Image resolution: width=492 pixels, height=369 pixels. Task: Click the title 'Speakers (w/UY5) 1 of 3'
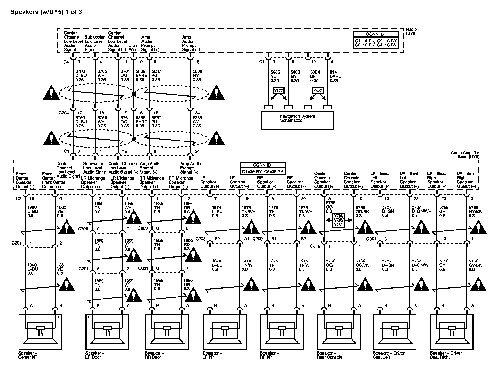(x=46, y=12)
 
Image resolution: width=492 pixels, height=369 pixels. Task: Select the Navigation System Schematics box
(x=297, y=120)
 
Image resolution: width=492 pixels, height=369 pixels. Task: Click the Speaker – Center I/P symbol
(x=40, y=331)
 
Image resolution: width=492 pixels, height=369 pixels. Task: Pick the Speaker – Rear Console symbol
(x=339, y=331)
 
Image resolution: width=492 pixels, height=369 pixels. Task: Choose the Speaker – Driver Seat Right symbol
(x=452, y=331)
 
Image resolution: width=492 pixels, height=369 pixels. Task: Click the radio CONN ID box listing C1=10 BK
(x=375, y=40)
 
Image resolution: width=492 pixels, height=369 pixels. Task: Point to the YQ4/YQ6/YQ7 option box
(x=339, y=220)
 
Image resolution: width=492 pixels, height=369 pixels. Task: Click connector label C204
(x=64, y=113)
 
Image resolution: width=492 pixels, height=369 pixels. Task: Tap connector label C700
(x=83, y=229)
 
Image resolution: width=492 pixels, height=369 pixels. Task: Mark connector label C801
(x=143, y=268)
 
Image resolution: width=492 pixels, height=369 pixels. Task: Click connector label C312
(x=315, y=246)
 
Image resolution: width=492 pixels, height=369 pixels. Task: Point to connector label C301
(x=371, y=239)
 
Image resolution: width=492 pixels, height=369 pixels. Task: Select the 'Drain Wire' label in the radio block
(x=133, y=47)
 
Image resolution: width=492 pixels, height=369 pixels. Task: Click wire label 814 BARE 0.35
(x=335, y=76)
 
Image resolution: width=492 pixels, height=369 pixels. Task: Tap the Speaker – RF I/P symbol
(x=282, y=331)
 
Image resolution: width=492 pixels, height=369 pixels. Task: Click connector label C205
(x=200, y=239)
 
